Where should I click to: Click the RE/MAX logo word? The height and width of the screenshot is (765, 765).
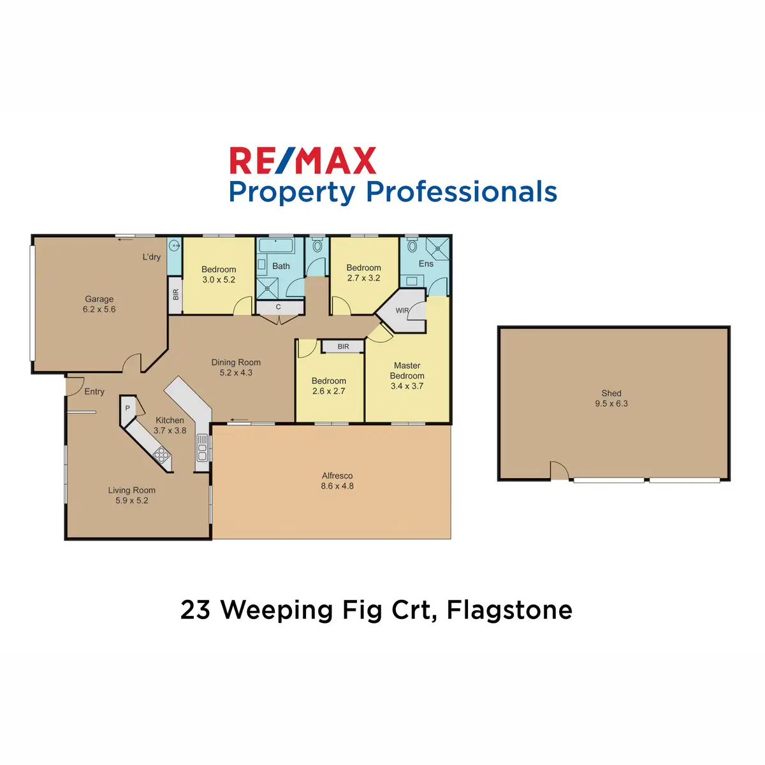coord(303,160)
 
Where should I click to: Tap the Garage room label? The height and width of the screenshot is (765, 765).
coord(99,299)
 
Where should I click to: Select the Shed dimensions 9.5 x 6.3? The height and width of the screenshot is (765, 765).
coord(611,404)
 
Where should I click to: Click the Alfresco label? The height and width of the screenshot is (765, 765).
coord(337,475)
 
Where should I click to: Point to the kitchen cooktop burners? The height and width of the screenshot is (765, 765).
coord(161,454)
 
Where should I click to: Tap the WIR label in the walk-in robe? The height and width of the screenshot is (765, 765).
coord(402,310)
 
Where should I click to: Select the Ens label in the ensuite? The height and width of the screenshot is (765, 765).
coord(426,263)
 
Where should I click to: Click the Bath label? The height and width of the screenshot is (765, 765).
coord(280,266)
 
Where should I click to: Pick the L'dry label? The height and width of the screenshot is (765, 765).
coord(151,257)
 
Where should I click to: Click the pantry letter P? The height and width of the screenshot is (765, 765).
coord(127,408)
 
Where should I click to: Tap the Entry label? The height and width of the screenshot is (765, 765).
coord(94,391)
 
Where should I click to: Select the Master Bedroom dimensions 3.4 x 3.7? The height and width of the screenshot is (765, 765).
coord(407,386)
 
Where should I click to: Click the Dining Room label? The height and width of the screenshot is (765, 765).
coord(236,362)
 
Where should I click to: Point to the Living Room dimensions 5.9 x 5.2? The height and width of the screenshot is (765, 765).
coord(132,500)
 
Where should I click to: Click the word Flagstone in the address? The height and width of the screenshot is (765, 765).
coord(509,609)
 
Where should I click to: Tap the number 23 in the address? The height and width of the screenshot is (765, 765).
coord(195,609)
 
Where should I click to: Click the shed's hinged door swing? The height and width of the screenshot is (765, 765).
coord(559,470)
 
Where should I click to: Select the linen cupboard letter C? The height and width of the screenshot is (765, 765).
coord(279,307)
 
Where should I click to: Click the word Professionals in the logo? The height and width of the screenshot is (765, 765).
coord(462,191)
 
